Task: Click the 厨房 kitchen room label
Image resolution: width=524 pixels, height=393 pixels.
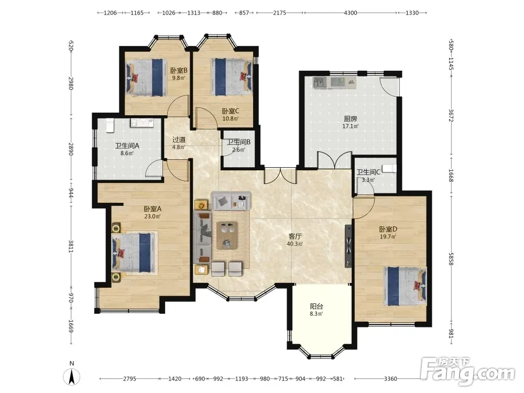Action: (x=350, y=118)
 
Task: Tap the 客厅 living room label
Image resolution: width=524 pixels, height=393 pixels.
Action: (x=294, y=236)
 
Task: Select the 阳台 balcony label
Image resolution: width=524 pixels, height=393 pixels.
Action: (x=316, y=306)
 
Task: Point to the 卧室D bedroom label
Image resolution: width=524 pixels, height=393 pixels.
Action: (x=388, y=230)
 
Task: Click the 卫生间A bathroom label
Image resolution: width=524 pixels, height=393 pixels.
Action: (x=127, y=146)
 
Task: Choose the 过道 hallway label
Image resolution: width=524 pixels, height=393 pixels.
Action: (x=179, y=140)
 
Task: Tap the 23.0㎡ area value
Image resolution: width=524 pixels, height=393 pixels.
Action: (x=152, y=216)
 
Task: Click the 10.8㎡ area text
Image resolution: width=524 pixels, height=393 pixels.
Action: (x=231, y=118)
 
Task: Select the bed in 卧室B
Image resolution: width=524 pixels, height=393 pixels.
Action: (x=146, y=78)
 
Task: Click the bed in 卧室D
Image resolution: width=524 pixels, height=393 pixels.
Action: (x=405, y=286)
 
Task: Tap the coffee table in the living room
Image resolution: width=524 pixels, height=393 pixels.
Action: (x=227, y=235)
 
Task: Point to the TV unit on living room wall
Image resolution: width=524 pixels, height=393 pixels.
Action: (x=348, y=246)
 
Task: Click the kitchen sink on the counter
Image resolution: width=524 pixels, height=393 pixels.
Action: (x=320, y=82)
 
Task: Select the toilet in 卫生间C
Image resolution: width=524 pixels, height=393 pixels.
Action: (x=389, y=168)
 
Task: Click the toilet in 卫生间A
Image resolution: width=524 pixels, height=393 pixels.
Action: (x=110, y=125)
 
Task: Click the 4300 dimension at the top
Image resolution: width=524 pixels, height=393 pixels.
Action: (x=350, y=13)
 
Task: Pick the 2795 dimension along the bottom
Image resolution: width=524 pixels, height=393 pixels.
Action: (x=129, y=379)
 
